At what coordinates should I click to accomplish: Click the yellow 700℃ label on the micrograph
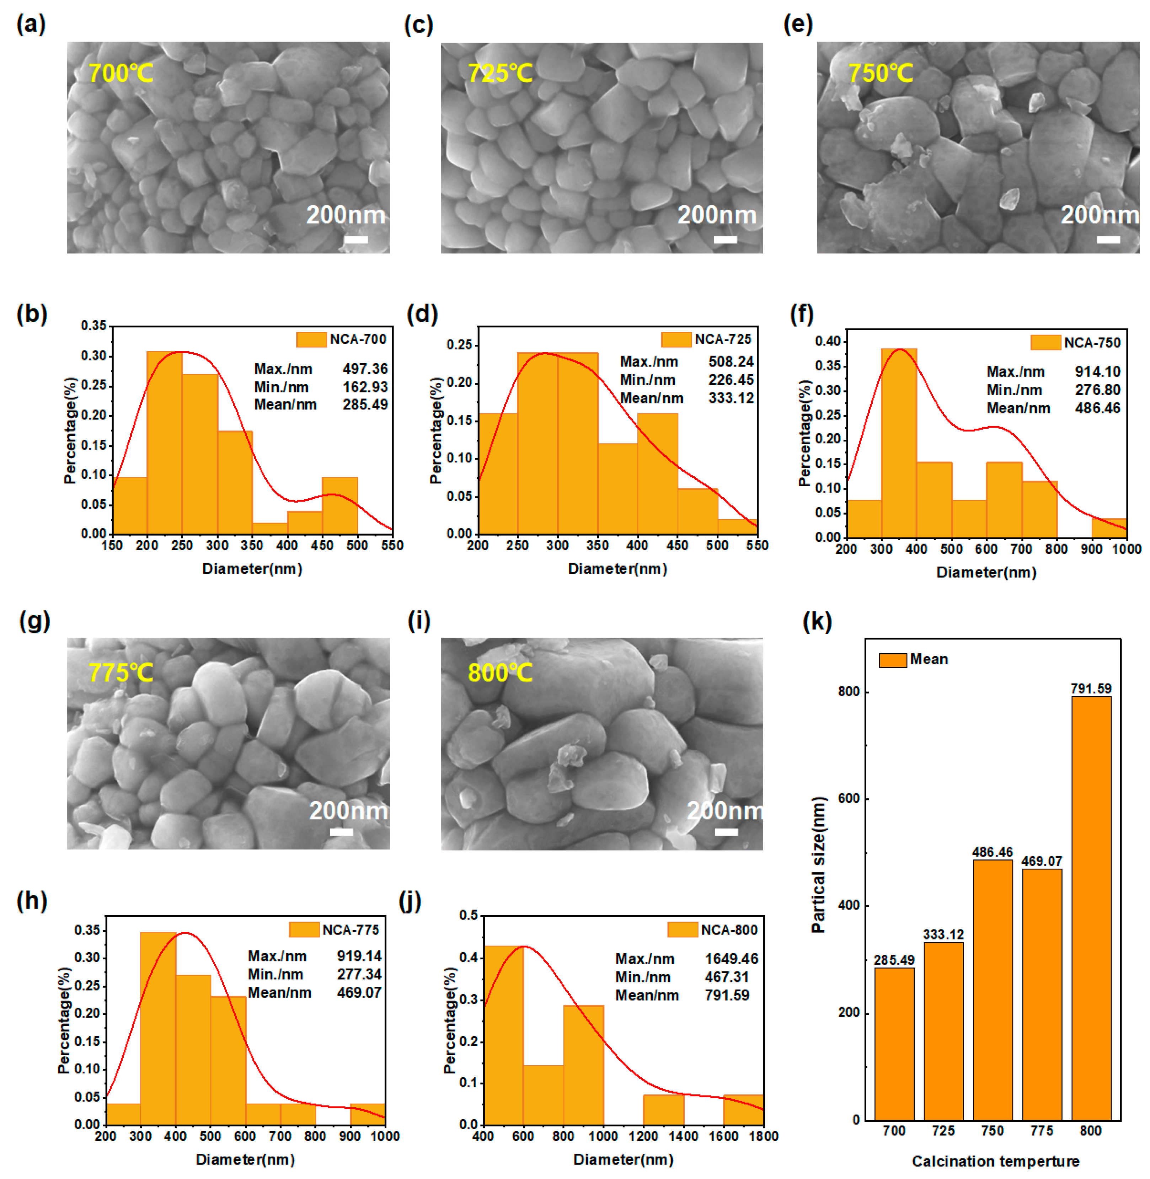click(121, 73)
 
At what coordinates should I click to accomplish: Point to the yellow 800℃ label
click(500, 672)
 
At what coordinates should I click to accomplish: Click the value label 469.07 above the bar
click(1041, 861)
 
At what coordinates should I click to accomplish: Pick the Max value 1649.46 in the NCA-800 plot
click(731, 959)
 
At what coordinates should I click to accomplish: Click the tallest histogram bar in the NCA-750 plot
click(899, 443)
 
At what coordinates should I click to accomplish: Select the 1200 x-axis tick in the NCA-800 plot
click(643, 1136)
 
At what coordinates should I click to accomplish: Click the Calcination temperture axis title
click(995, 1161)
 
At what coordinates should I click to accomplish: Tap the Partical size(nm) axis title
click(818, 864)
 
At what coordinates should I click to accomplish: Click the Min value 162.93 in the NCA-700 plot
click(365, 387)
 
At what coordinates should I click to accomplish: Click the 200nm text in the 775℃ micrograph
click(348, 810)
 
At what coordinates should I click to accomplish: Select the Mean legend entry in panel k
click(913, 659)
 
